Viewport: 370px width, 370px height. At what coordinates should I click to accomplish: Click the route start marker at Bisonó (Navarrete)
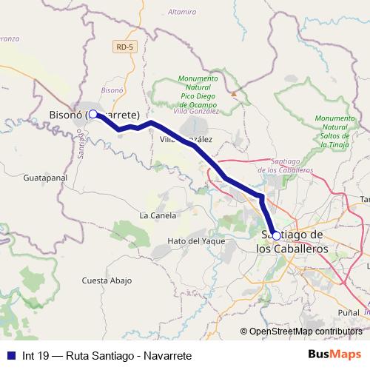pyautogui.click(x=93, y=115)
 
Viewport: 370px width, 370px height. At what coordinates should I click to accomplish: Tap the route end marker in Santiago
pyautogui.click(x=276, y=235)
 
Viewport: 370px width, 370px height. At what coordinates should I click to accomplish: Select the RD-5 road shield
pyautogui.click(x=125, y=47)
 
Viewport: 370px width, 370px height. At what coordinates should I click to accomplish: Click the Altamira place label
pyautogui.click(x=182, y=12)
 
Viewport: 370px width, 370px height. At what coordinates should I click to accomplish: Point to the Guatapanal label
pyautogui.click(x=46, y=178)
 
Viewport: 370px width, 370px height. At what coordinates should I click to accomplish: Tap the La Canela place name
pyautogui.click(x=158, y=216)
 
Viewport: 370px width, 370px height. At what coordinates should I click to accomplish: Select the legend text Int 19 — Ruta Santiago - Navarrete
pyautogui.click(x=107, y=356)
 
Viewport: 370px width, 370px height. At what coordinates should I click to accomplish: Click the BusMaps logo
pyautogui.click(x=334, y=355)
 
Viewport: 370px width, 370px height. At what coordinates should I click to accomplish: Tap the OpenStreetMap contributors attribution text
pyautogui.click(x=305, y=332)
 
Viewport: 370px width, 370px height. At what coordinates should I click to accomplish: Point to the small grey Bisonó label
pyautogui.click(x=111, y=90)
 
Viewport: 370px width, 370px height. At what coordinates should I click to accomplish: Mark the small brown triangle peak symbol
pyautogui.click(x=233, y=94)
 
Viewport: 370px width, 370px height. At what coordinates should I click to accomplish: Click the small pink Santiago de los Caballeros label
pyautogui.click(x=286, y=165)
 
